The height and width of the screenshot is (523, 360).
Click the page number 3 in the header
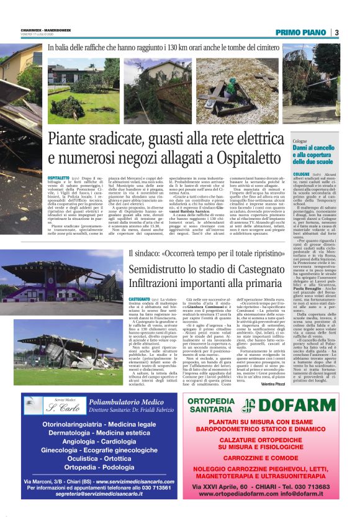tap(336, 32)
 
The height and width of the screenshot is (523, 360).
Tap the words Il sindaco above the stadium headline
tap(143, 253)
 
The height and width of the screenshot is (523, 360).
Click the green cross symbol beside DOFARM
tap(250, 406)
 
